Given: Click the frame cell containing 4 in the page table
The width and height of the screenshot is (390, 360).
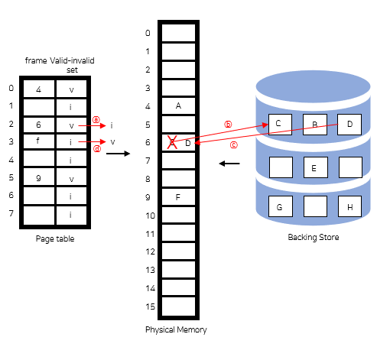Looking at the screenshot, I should pos(38,89).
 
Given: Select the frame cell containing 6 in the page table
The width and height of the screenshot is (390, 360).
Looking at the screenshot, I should pos(38,125).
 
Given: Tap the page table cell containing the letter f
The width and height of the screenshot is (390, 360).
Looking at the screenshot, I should pos(38,142).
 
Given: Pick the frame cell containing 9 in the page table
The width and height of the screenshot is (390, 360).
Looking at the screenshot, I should pos(38,178).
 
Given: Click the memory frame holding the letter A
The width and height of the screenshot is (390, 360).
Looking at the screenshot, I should pos(178,105).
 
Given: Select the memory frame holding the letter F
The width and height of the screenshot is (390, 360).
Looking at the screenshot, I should pos(178,197).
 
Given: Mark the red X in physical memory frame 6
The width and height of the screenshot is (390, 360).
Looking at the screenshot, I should pos(173,141).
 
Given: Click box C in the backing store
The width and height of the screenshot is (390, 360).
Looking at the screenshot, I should pos(278,124).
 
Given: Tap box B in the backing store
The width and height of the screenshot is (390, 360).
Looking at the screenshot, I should pos(314,124).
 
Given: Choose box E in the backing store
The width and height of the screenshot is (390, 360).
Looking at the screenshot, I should pos(314,166).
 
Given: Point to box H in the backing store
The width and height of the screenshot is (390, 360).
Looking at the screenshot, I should pos(349,207).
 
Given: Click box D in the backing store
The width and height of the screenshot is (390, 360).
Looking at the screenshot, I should pos(349,124).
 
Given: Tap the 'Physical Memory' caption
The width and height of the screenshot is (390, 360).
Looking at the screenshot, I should pos(176,329).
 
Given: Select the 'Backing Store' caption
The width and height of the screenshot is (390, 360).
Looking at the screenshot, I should pos(313,238).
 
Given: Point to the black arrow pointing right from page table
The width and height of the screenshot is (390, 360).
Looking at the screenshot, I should pos(116,154).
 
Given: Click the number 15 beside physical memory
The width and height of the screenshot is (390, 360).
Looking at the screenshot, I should pos(149,306).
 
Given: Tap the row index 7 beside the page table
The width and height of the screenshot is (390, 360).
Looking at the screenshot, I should pos(11,214).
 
